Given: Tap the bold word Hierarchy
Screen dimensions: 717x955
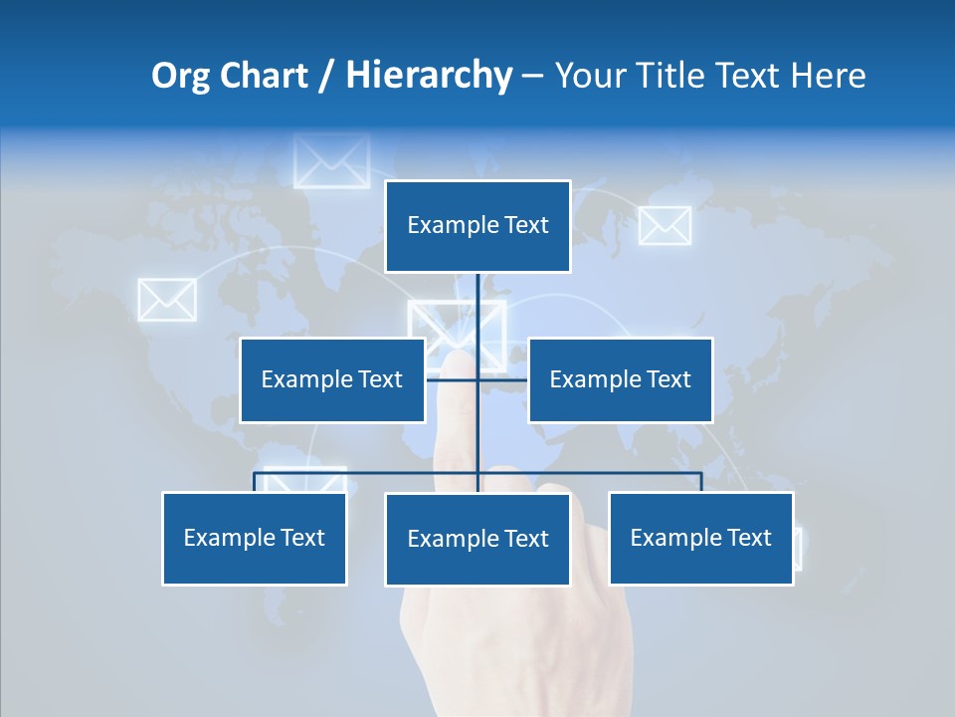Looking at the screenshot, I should click(428, 76).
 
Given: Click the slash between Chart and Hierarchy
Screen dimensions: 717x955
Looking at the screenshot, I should click(325, 77).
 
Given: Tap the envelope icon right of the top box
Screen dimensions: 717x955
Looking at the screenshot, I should click(665, 226).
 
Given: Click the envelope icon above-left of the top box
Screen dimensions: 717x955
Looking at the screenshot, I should click(331, 161).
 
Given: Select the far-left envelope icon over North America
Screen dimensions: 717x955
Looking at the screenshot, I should click(166, 300).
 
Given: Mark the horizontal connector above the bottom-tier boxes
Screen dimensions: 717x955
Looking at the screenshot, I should click(368, 473).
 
